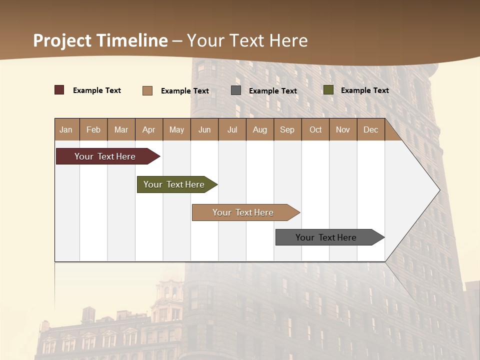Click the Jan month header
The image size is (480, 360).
pyautogui.click(x=66, y=129)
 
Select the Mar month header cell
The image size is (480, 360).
pyautogui.click(x=121, y=129)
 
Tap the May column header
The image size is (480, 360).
pyautogui.click(x=176, y=129)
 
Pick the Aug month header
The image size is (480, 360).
pyautogui.click(x=259, y=129)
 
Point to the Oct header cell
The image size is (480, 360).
pyautogui.click(x=315, y=129)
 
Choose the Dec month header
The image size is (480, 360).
pyautogui.click(x=370, y=129)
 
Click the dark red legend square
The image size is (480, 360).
pyautogui.click(x=59, y=90)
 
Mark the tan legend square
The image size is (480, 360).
pyautogui.click(x=147, y=90)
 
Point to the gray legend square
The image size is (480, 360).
pyautogui.click(x=236, y=90)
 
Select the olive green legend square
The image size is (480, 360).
pyautogui.click(x=328, y=90)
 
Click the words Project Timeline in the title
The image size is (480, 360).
pyautogui.click(x=100, y=40)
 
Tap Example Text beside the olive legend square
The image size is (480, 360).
pyautogui.click(x=364, y=90)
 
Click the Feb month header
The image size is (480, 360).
pyautogui.click(x=93, y=129)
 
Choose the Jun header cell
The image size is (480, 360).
pyautogui.click(x=204, y=129)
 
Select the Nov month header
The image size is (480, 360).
pyautogui.click(x=342, y=129)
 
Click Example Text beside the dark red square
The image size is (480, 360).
pyautogui.click(x=97, y=90)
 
